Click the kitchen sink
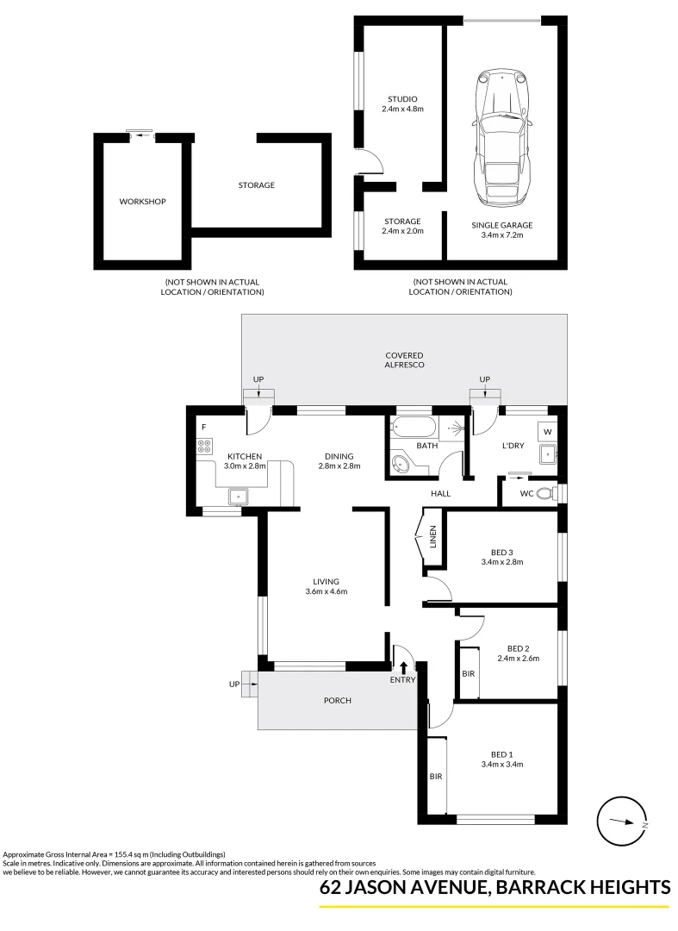(239, 495)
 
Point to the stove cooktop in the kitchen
(205, 447)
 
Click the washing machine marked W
(547, 431)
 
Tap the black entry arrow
(403, 666)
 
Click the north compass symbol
(622, 822)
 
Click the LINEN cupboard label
(432, 537)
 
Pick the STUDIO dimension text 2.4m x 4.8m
(403, 109)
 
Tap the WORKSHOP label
(142, 201)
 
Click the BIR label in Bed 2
(469, 674)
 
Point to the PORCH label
(338, 701)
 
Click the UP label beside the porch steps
(234, 684)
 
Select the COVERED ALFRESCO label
(405, 360)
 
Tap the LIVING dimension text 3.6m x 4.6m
(327, 591)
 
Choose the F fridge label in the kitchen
(203, 427)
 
